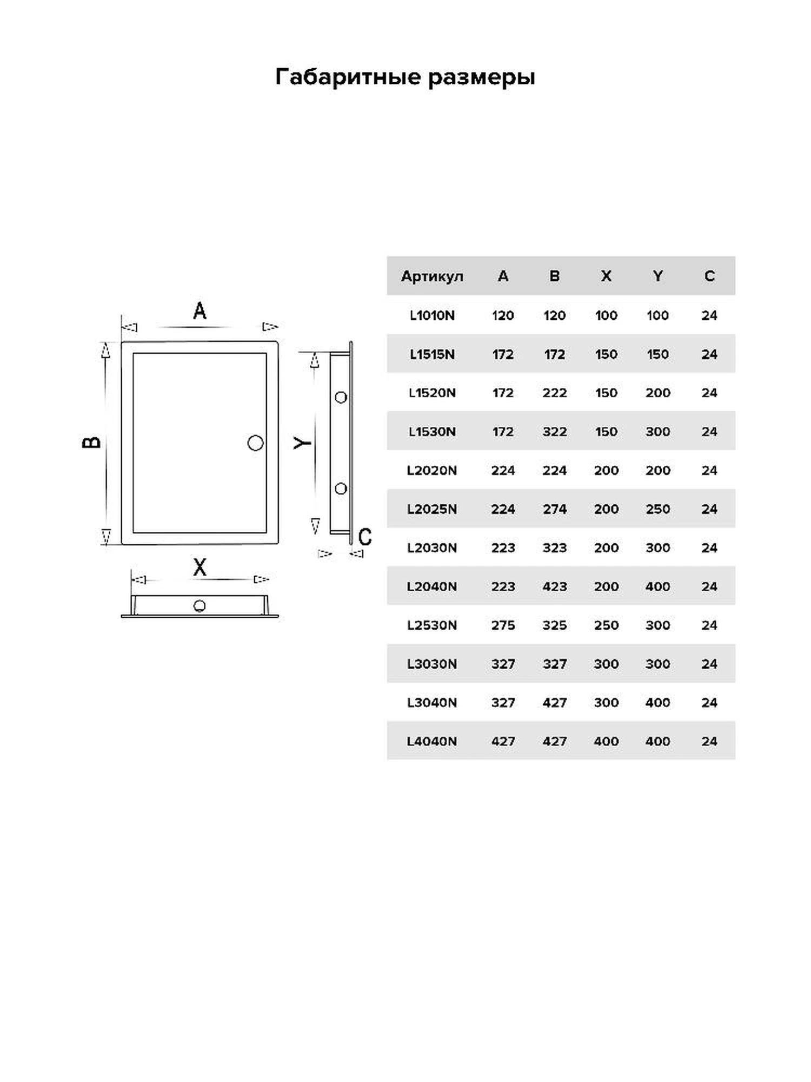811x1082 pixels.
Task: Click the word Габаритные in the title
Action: tap(348, 77)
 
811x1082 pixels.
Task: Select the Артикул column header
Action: tap(432, 277)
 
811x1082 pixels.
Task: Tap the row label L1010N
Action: tap(432, 315)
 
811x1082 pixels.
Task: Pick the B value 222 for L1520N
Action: tap(555, 393)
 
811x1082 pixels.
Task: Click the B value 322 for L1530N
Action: tap(555, 432)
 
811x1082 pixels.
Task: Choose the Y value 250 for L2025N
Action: tap(657, 509)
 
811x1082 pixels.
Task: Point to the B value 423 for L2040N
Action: tap(555, 586)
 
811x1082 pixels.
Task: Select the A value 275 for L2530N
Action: tap(503, 625)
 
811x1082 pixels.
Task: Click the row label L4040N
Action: tap(432, 741)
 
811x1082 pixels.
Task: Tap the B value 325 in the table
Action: tap(555, 625)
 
